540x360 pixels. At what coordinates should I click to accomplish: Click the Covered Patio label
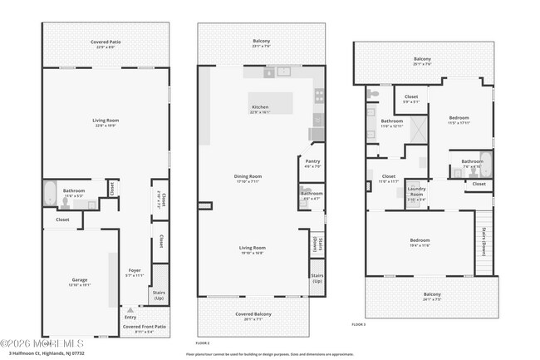point(105,44)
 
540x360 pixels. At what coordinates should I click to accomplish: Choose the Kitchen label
point(261,109)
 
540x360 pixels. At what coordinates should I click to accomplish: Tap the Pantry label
point(312,163)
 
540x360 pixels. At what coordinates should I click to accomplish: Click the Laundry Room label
point(416,192)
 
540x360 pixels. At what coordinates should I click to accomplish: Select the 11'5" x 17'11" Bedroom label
point(459,120)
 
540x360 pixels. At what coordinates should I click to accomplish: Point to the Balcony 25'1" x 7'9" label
point(422,60)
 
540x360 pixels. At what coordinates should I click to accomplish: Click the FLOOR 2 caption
point(203,343)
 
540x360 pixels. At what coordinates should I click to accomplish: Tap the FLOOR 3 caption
point(358,323)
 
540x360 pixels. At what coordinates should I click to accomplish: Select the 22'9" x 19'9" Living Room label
point(105,122)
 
